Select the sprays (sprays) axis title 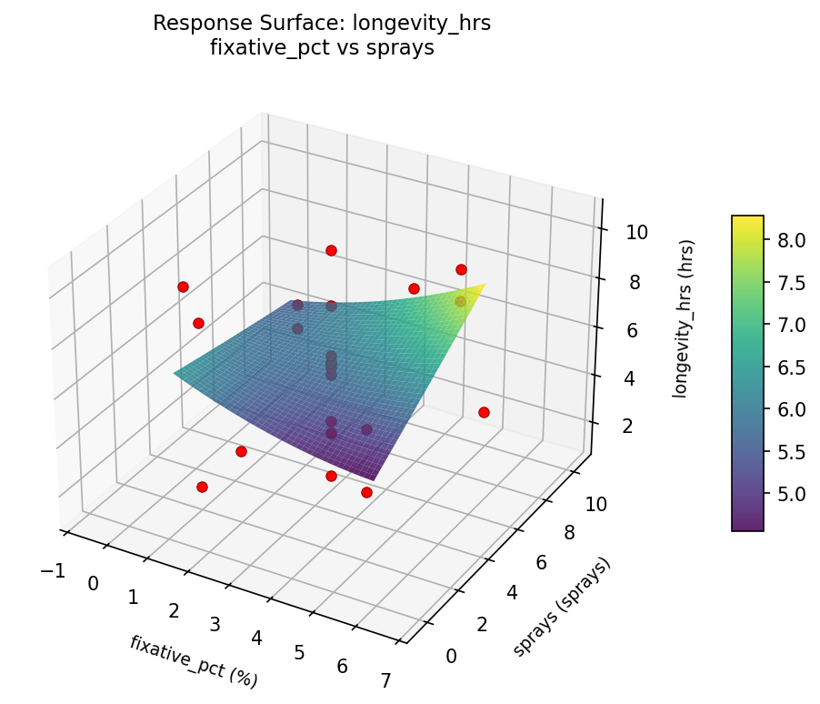[561, 606]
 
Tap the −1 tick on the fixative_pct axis [53, 569]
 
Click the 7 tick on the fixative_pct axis [385, 680]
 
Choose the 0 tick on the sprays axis [452, 656]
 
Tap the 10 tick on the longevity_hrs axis [637, 232]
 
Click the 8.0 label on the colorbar [792, 240]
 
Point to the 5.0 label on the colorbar [792, 494]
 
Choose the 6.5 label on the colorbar [792, 367]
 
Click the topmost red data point [331, 250]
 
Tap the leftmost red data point [183, 287]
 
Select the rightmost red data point [484, 412]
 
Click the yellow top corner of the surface [485, 285]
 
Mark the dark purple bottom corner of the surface [373, 478]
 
